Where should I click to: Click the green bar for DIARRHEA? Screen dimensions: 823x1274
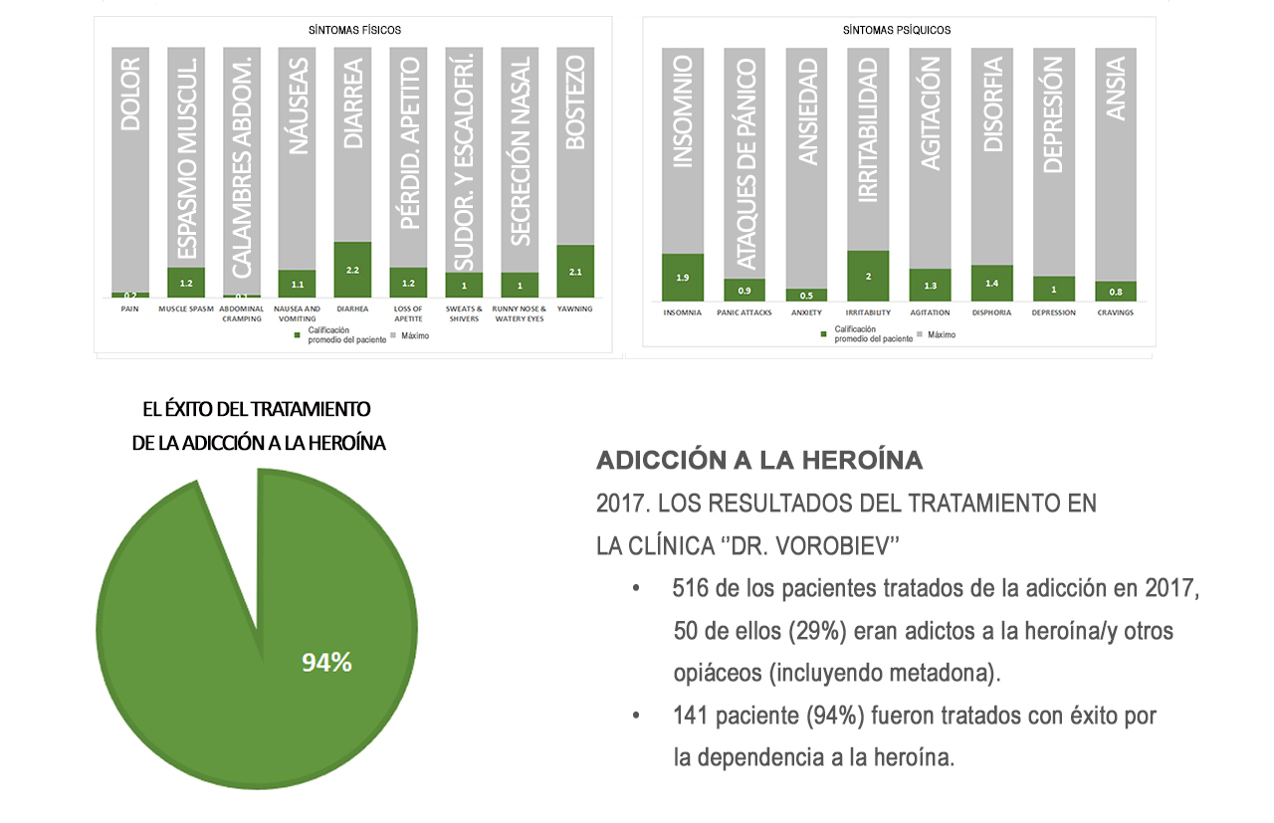click(352, 270)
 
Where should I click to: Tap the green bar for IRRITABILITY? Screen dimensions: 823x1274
click(868, 276)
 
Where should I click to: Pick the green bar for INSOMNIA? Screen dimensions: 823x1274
click(682, 278)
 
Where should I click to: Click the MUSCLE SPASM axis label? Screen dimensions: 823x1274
click(186, 309)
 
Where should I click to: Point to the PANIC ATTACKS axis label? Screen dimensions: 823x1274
click(743, 312)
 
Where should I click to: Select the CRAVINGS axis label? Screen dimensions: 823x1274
click(1115, 312)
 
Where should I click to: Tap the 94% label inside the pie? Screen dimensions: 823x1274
click(326, 663)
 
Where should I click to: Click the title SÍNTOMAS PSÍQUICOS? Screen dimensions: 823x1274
click(897, 31)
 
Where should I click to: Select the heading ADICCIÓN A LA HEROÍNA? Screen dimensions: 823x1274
click(759, 461)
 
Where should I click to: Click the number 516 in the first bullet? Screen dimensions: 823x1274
click(690, 589)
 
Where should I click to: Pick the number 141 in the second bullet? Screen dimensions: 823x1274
click(690, 716)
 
